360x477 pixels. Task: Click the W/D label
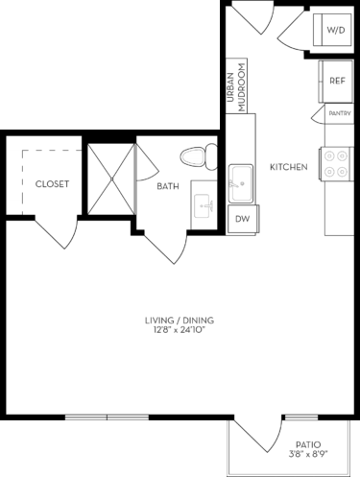coord(335,31)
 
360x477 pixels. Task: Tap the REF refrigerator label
coord(337,82)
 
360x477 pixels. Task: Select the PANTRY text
coord(338,113)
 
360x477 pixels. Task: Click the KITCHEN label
coord(288,167)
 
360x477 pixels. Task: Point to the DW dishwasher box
coord(241,219)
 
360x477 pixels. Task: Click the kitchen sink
coord(240,180)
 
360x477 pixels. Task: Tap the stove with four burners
coord(337,165)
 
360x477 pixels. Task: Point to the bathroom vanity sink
coord(204,203)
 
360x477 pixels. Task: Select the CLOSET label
coord(51,183)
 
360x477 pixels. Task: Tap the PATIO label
coord(307,444)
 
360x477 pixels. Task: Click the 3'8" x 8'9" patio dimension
coord(307,456)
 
